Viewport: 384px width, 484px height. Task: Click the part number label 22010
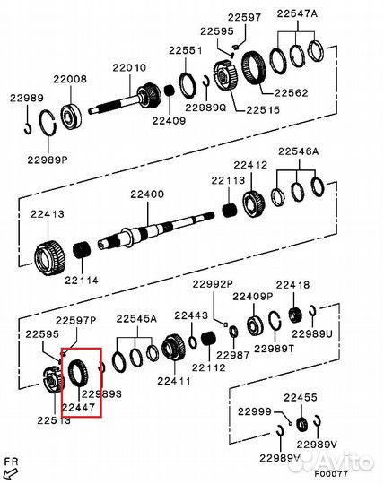click(128, 67)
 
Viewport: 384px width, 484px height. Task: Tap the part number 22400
click(147, 194)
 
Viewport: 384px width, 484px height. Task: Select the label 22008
click(73, 80)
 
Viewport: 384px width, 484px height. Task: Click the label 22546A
click(298, 151)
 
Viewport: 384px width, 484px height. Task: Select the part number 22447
click(79, 407)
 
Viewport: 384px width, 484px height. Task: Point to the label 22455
click(301, 397)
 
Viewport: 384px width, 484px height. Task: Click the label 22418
click(292, 285)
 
